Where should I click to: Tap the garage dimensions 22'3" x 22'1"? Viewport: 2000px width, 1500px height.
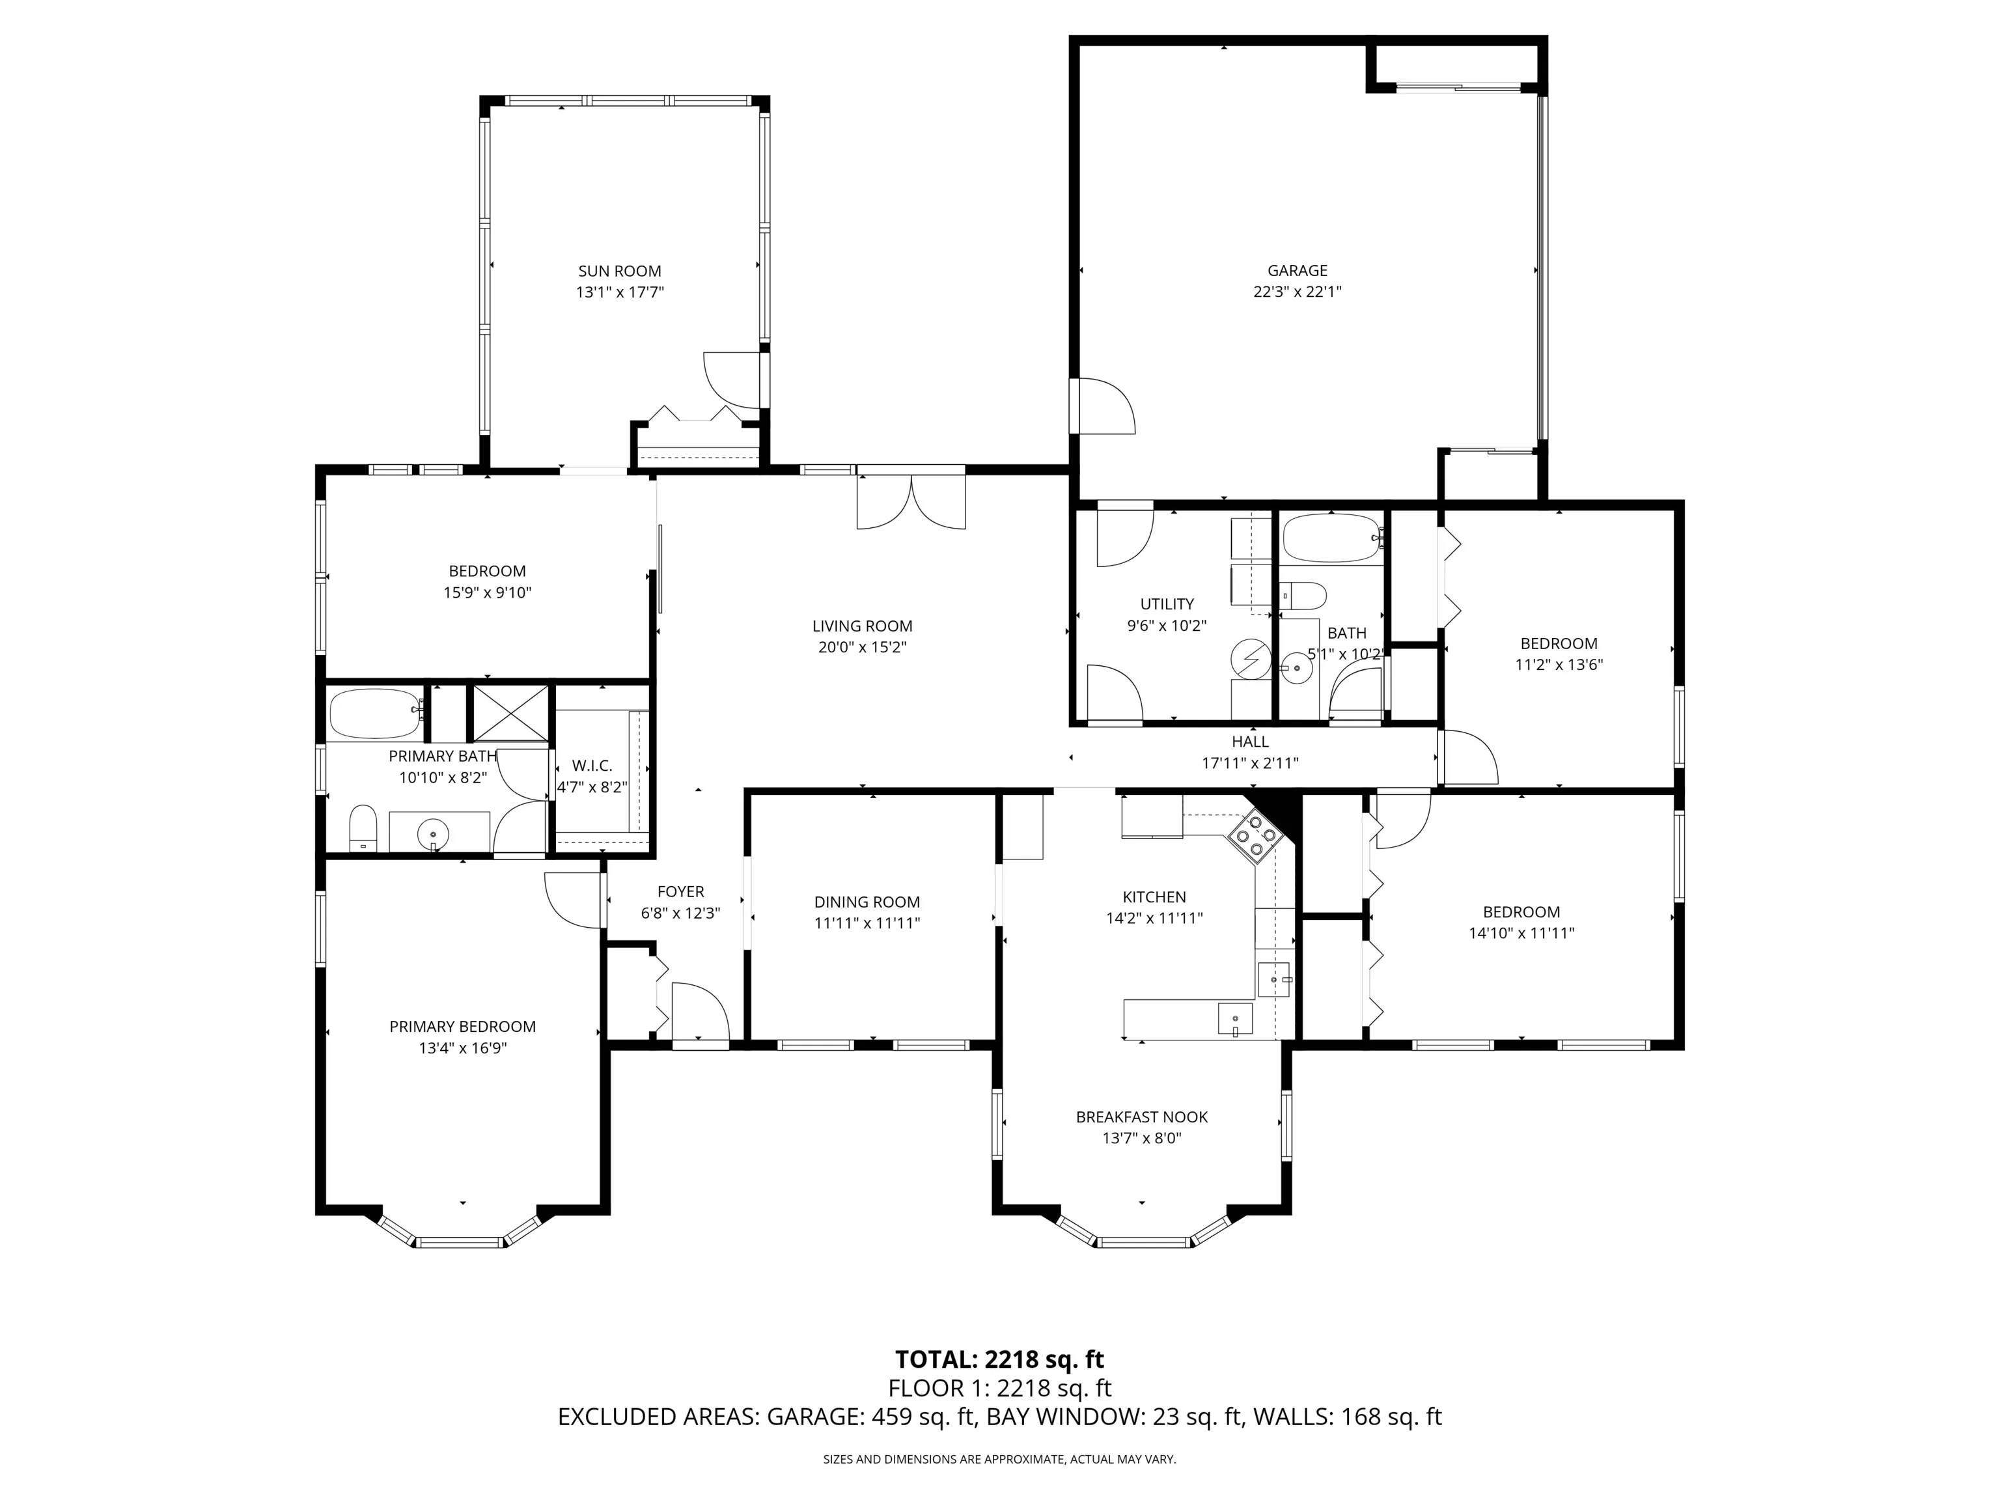pyautogui.click(x=1298, y=292)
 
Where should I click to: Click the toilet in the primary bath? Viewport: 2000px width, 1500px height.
pyautogui.click(x=363, y=828)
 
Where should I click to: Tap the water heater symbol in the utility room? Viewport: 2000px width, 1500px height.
pyautogui.click(x=1251, y=658)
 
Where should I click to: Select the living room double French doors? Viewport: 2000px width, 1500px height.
pyautogui.click(x=911, y=503)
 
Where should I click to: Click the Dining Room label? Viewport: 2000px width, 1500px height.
pyautogui.click(x=867, y=902)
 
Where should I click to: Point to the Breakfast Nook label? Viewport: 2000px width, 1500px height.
pyautogui.click(x=1142, y=1117)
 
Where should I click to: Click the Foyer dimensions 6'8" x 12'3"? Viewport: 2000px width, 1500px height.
pyautogui.click(x=681, y=913)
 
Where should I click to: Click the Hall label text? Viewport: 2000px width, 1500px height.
pyautogui.click(x=1251, y=742)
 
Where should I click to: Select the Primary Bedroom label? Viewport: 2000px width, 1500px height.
pyautogui.click(x=463, y=1026)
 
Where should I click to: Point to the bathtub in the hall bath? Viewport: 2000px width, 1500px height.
pyautogui.click(x=1333, y=539)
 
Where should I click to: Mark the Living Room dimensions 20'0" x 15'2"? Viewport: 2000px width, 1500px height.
pyautogui.click(x=863, y=647)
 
